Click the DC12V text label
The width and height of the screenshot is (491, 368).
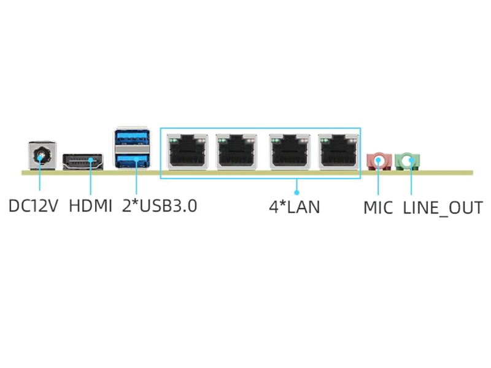click(x=33, y=206)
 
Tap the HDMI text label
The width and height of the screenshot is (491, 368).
click(x=90, y=206)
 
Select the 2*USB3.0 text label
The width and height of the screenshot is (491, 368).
click(x=160, y=206)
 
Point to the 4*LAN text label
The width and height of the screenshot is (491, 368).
click(x=295, y=207)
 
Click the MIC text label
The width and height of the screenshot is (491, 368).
click(x=377, y=207)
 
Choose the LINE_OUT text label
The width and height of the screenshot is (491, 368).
click(x=443, y=207)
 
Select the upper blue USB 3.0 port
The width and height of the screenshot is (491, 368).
click(x=132, y=137)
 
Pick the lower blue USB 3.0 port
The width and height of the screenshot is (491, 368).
click(x=132, y=161)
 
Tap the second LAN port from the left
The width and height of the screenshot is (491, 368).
click(x=234, y=153)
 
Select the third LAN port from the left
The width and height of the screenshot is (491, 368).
click(x=288, y=153)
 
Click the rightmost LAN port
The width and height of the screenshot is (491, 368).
click(x=338, y=153)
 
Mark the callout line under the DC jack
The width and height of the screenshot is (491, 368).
click(x=41, y=181)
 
